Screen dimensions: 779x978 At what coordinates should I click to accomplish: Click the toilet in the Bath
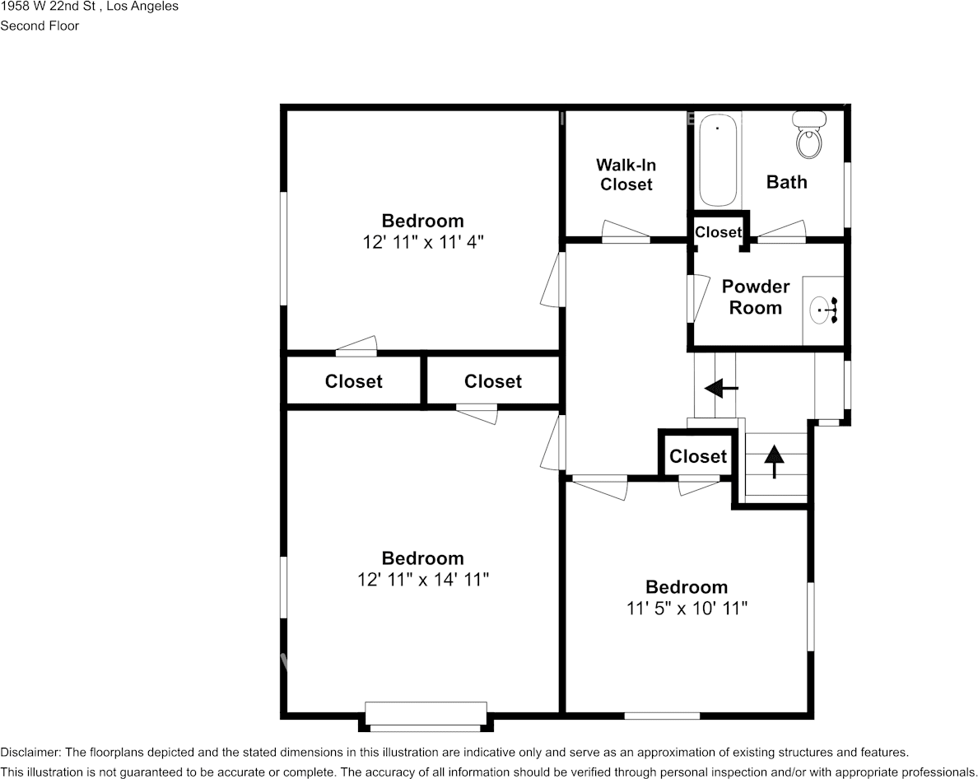click(808, 137)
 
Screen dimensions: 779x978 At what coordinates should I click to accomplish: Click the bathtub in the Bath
click(718, 160)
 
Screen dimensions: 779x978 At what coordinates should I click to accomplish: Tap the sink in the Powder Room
click(823, 310)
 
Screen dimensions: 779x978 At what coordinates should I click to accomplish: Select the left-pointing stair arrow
click(721, 387)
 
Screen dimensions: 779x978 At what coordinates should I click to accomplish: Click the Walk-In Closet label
click(626, 175)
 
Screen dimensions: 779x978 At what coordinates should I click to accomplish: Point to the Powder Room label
click(755, 296)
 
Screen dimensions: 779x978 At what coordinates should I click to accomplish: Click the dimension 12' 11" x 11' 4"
click(422, 242)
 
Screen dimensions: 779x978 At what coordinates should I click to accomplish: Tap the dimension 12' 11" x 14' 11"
click(422, 580)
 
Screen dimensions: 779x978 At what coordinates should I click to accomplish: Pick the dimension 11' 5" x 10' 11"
click(686, 609)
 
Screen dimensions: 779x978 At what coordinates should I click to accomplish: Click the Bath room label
click(786, 182)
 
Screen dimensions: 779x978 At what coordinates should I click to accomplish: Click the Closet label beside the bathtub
click(718, 232)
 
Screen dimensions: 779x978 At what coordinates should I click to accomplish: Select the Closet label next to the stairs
click(697, 456)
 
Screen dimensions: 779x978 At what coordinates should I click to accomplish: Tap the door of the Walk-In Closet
click(626, 231)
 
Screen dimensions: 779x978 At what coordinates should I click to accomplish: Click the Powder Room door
click(696, 298)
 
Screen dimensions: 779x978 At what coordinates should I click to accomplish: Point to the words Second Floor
click(40, 26)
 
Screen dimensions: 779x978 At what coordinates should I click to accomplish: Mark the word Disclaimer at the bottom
click(30, 752)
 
